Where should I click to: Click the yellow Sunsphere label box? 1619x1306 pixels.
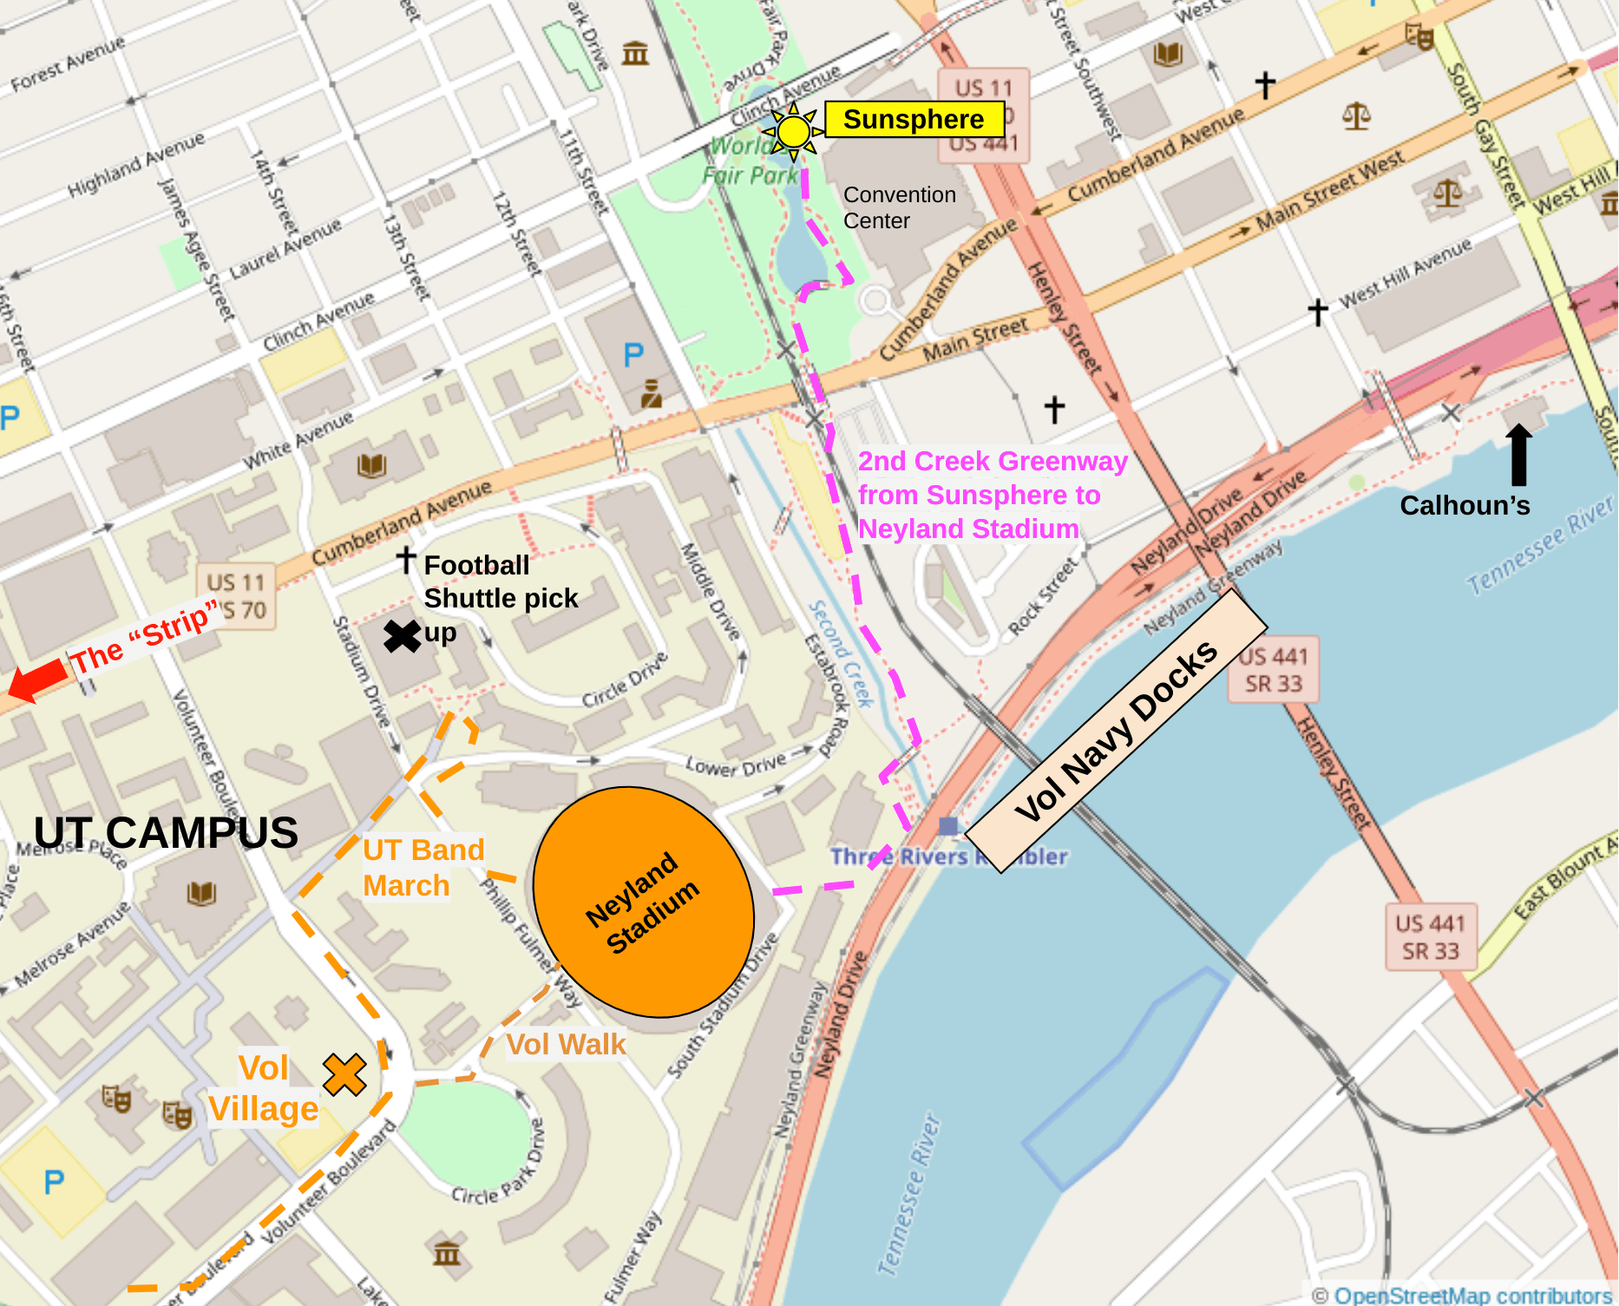(914, 119)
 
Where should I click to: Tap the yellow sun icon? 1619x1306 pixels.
(793, 132)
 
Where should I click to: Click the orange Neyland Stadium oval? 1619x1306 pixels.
(643, 902)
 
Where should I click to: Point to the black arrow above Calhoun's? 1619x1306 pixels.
(1518, 454)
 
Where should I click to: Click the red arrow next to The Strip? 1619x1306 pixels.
(36, 679)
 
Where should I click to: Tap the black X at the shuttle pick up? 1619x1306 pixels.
(402, 636)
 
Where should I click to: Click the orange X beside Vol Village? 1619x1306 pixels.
(344, 1074)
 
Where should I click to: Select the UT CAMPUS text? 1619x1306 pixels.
(166, 833)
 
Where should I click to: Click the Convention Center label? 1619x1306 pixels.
(899, 207)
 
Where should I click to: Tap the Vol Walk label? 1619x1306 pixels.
(566, 1044)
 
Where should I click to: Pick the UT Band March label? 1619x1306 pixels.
(423, 867)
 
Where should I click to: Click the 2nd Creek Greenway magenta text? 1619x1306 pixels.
(992, 495)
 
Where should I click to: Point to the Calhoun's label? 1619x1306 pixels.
(1465, 506)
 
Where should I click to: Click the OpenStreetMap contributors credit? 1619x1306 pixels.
(1463, 1295)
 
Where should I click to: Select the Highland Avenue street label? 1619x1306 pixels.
(136, 164)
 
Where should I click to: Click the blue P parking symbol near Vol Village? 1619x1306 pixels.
(54, 1181)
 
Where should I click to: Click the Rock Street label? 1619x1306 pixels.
(1042, 597)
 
